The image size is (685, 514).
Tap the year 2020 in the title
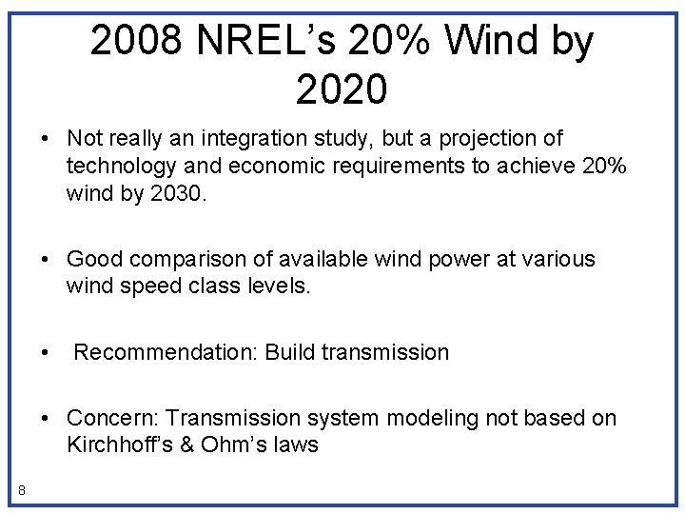click(x=342, y=89)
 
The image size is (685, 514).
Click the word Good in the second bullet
click(x=94, y=259)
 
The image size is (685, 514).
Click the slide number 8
click(x=21, y=490)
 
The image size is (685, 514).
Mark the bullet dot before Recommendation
click(x=46, y=353)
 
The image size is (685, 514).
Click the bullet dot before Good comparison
click(x=46, y=260)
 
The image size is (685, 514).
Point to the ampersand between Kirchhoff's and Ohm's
click(x=186, y=445)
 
